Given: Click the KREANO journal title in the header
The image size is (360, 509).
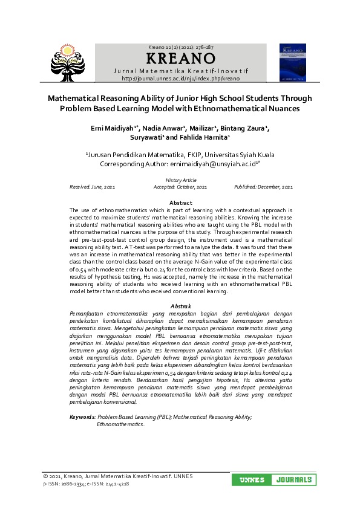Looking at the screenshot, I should pos(181,59).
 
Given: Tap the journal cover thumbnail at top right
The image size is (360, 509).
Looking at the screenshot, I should pos(292,63).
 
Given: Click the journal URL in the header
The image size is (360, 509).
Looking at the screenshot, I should pos(181,79).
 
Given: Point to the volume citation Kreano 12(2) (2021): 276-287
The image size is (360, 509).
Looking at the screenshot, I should pos(181,47).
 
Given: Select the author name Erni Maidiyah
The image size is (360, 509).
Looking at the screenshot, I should pos(115,128).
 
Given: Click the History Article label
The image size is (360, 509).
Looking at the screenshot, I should pos(181,180).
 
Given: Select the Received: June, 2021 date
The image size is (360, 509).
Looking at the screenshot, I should pos(93,187).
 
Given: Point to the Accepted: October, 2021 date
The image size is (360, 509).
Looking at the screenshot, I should pos(180,187).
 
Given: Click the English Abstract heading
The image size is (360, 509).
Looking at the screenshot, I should pos(181,203).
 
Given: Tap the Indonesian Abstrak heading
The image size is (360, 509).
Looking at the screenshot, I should pos(181,306).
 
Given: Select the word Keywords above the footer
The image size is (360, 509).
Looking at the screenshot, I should pos(82,417).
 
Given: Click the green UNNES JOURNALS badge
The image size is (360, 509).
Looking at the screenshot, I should pos(274,480).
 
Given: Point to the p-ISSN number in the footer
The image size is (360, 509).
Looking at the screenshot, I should pos(66,484).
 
